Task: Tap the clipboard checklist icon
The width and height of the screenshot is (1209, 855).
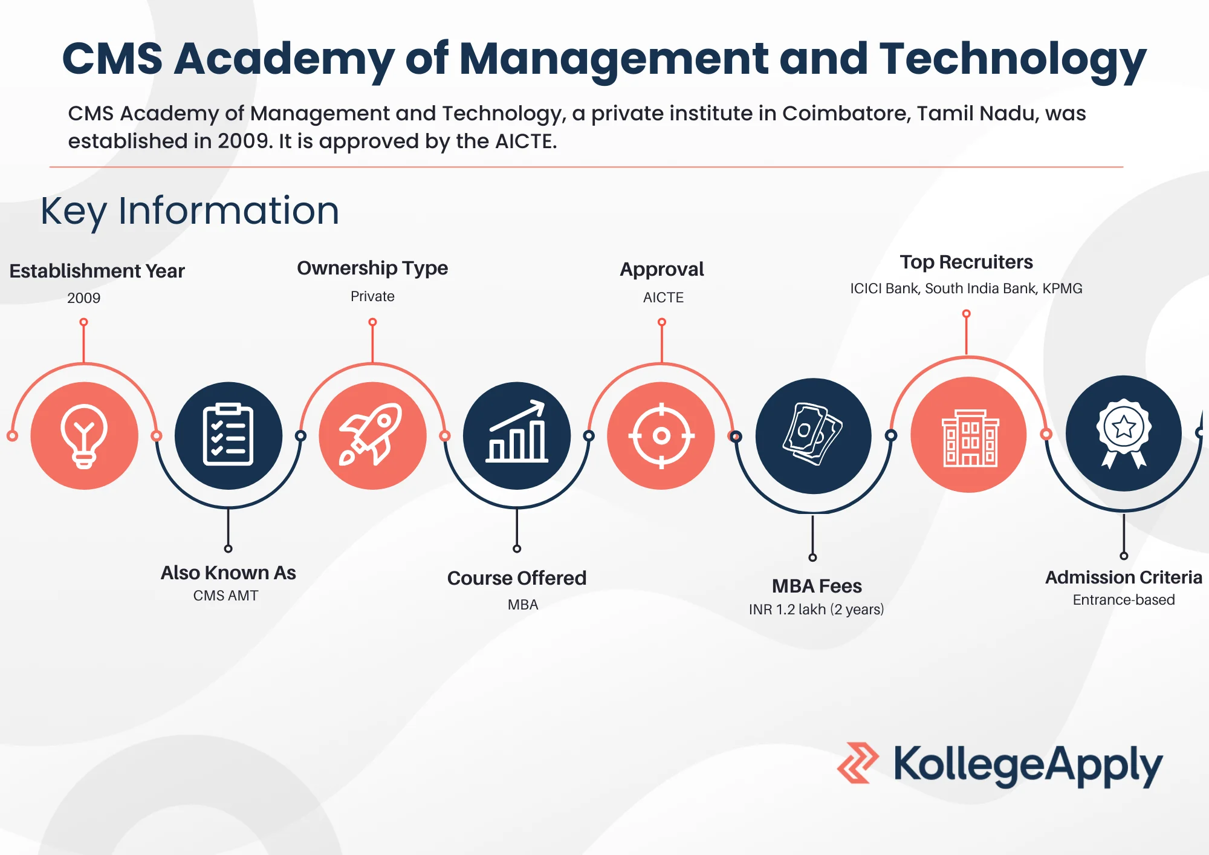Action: click(x=228, y=434)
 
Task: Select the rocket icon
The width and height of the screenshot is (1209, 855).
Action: click(x=371, y=434)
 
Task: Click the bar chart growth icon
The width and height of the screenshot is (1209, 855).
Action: click(x=517, y=432)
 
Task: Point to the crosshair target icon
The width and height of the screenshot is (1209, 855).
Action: click(x=661, y=435)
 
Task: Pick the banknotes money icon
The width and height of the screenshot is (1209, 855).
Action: click(x=812, y=434)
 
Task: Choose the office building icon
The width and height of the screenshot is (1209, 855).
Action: click(x=970, y=438)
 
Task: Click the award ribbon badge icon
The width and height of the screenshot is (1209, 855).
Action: click(x=1124, y=433)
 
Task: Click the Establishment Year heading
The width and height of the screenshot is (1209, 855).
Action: click(x=97, y=271)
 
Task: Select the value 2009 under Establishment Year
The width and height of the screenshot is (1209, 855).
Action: click(x=84, y=298)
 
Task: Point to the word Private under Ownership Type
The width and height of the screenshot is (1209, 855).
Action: click(x=372, y=296)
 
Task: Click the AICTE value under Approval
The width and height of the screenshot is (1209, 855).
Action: click(x=663, y=297)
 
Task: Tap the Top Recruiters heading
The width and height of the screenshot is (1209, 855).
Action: click(x=966, y=262)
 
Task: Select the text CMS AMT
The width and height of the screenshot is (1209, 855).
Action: click(x=225, y=596)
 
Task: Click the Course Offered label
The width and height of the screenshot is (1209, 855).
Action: click(x=517, y=578)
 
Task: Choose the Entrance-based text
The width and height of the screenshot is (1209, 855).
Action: click(x=1124, y=600)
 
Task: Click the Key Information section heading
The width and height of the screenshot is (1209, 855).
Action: click(x=190, y=211)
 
